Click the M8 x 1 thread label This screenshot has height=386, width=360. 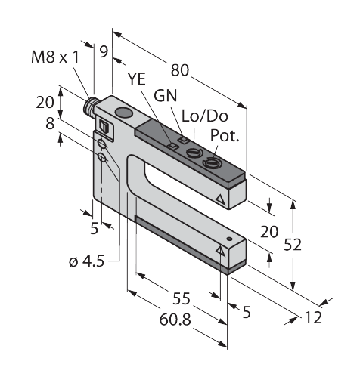point(55,57)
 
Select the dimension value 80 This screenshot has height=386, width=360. point(180,70)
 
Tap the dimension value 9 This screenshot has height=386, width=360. point(104,51)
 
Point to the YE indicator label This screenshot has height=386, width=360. point(136,79)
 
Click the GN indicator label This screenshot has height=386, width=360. point(166,96)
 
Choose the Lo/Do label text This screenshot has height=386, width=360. point(205,116)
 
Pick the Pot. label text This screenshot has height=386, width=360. point(225,135)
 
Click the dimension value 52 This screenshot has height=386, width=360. point(293,245)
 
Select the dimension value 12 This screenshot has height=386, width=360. point(313,317)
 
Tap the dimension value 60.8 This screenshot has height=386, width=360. point(175,320)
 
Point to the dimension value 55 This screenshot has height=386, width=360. point(181,299)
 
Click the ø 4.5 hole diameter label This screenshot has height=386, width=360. point(86,261)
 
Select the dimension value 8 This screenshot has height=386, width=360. point(50,124)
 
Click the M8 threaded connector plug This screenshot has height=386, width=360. point(89,105)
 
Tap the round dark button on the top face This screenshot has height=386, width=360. point(123,113)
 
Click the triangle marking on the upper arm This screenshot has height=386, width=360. point(220,199)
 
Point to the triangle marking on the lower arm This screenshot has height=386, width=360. point(220,251)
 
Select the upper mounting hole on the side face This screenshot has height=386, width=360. point(102,144)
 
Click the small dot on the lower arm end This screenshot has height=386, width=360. point(229,239)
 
